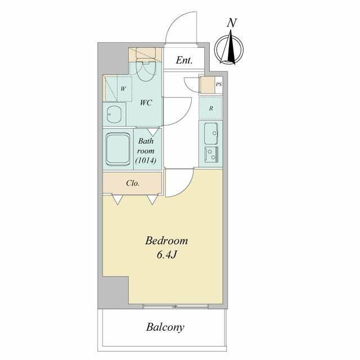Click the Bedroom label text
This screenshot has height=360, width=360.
(166, 241)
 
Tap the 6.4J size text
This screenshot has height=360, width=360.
(166, 255)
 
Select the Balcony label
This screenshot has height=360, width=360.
(165, 327)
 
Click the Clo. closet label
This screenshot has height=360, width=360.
(133, 183)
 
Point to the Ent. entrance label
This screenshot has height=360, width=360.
(184, 60)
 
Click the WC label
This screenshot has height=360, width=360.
(146, 102)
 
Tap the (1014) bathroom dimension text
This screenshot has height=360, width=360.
(146, 160)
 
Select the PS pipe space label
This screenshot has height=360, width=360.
(219, 84)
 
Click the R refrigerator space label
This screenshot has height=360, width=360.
(211, 109)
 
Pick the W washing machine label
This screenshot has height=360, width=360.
(123, 89)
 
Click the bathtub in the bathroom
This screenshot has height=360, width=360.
(118, 150)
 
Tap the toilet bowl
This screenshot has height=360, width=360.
(145, 70)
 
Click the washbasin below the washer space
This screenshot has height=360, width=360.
(114, 115)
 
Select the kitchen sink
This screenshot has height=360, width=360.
(211, 134)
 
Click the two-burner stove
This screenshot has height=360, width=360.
(211, 155)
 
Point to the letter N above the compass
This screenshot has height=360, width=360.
(232, 23)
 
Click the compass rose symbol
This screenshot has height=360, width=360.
(229, 48)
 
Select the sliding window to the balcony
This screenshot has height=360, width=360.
(175, 306)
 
